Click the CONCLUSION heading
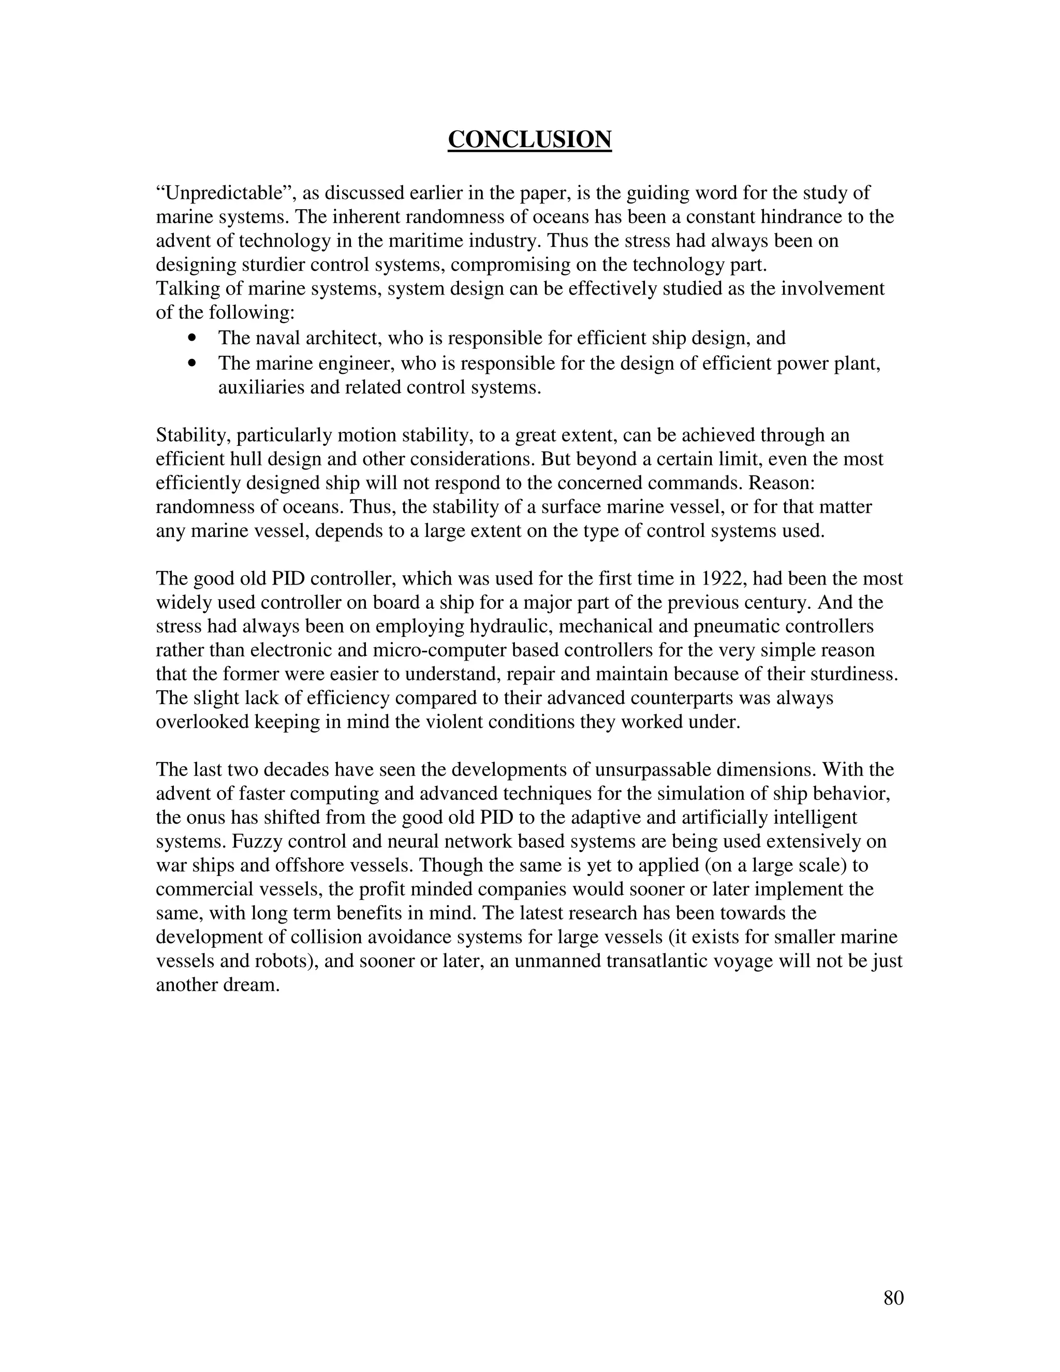point(529,139)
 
